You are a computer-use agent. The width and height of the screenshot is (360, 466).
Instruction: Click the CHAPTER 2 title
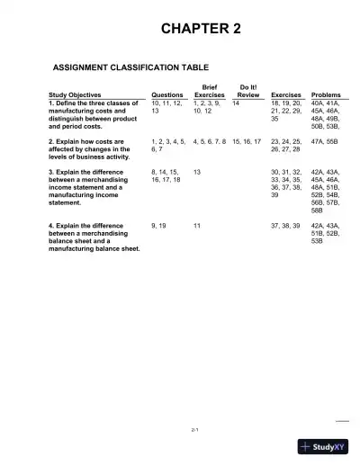click(200, 29)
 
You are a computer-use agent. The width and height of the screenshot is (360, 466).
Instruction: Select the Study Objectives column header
click(74, 94)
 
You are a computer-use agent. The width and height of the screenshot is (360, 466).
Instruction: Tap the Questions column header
click(167, 94)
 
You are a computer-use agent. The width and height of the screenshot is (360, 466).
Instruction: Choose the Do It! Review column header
click(247, 90)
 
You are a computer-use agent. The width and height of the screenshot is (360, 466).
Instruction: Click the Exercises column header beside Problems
click(286, 94)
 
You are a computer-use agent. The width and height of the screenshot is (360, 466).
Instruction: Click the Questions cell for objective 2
click(168, 146)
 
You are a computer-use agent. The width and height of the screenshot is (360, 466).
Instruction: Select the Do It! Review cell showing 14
click(236, 103)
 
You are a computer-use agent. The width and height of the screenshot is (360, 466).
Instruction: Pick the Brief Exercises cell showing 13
click(197, 170)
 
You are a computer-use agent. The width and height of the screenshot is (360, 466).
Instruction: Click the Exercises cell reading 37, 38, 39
click(286, 224)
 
